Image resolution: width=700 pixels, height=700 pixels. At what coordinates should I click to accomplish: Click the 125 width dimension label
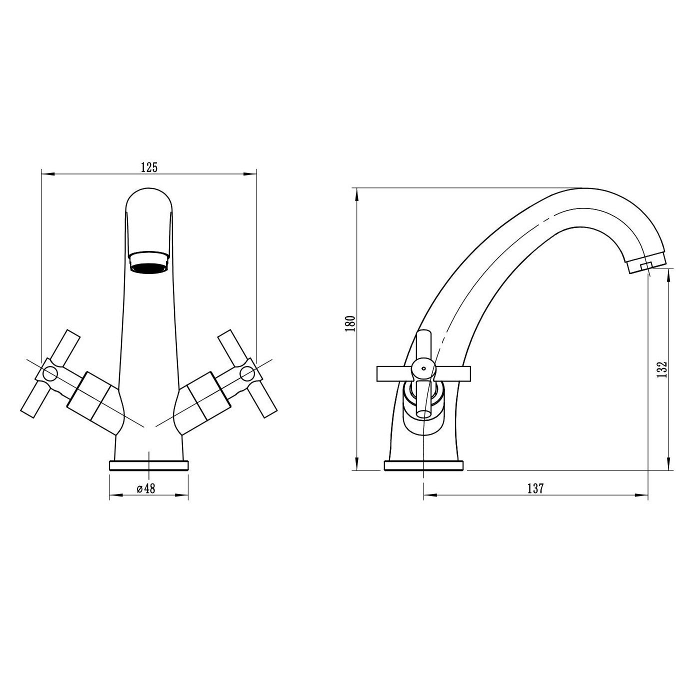point(149,167)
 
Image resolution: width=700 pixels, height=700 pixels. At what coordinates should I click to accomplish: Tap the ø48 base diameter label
point(146,488)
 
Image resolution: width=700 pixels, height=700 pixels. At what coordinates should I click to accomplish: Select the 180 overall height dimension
point(350,323)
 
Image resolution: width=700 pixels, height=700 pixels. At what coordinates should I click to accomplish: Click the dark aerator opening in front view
point(149,267)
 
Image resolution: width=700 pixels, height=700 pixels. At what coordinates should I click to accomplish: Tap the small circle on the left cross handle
point(50,373)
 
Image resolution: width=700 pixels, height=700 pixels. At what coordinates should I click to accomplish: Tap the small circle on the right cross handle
point(247,373)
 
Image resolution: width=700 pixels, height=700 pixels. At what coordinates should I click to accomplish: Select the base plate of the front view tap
point(149,465)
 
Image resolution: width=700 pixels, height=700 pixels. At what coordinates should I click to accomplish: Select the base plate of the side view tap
point(423,465)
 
